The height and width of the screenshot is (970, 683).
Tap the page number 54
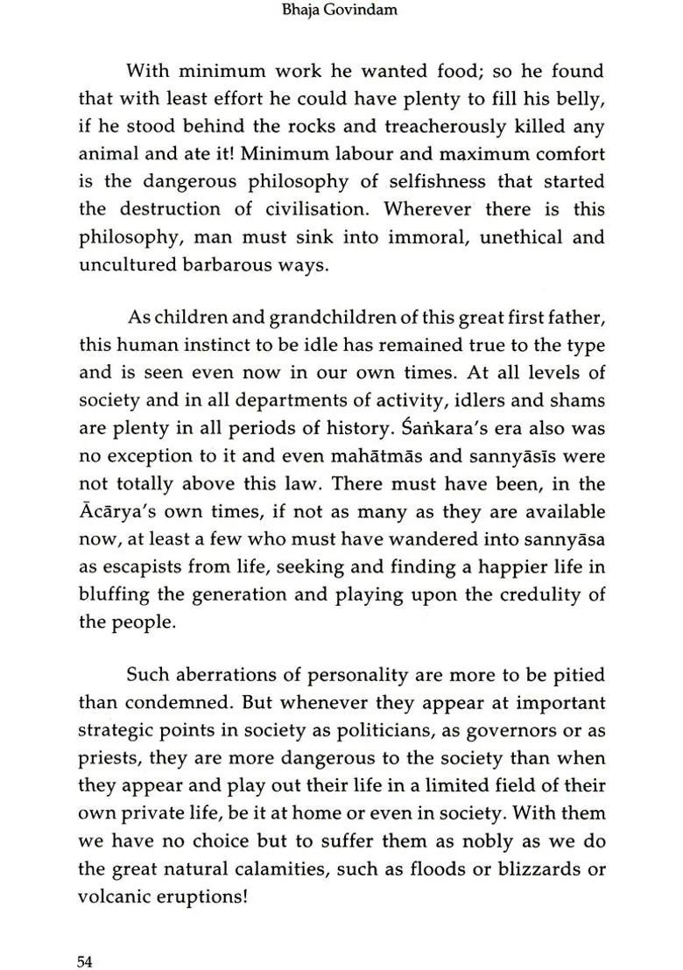click(x=85, y=937)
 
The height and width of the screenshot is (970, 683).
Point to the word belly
click(x=580, y=99)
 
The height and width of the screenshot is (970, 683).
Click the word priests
click(x=109, y=759)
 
